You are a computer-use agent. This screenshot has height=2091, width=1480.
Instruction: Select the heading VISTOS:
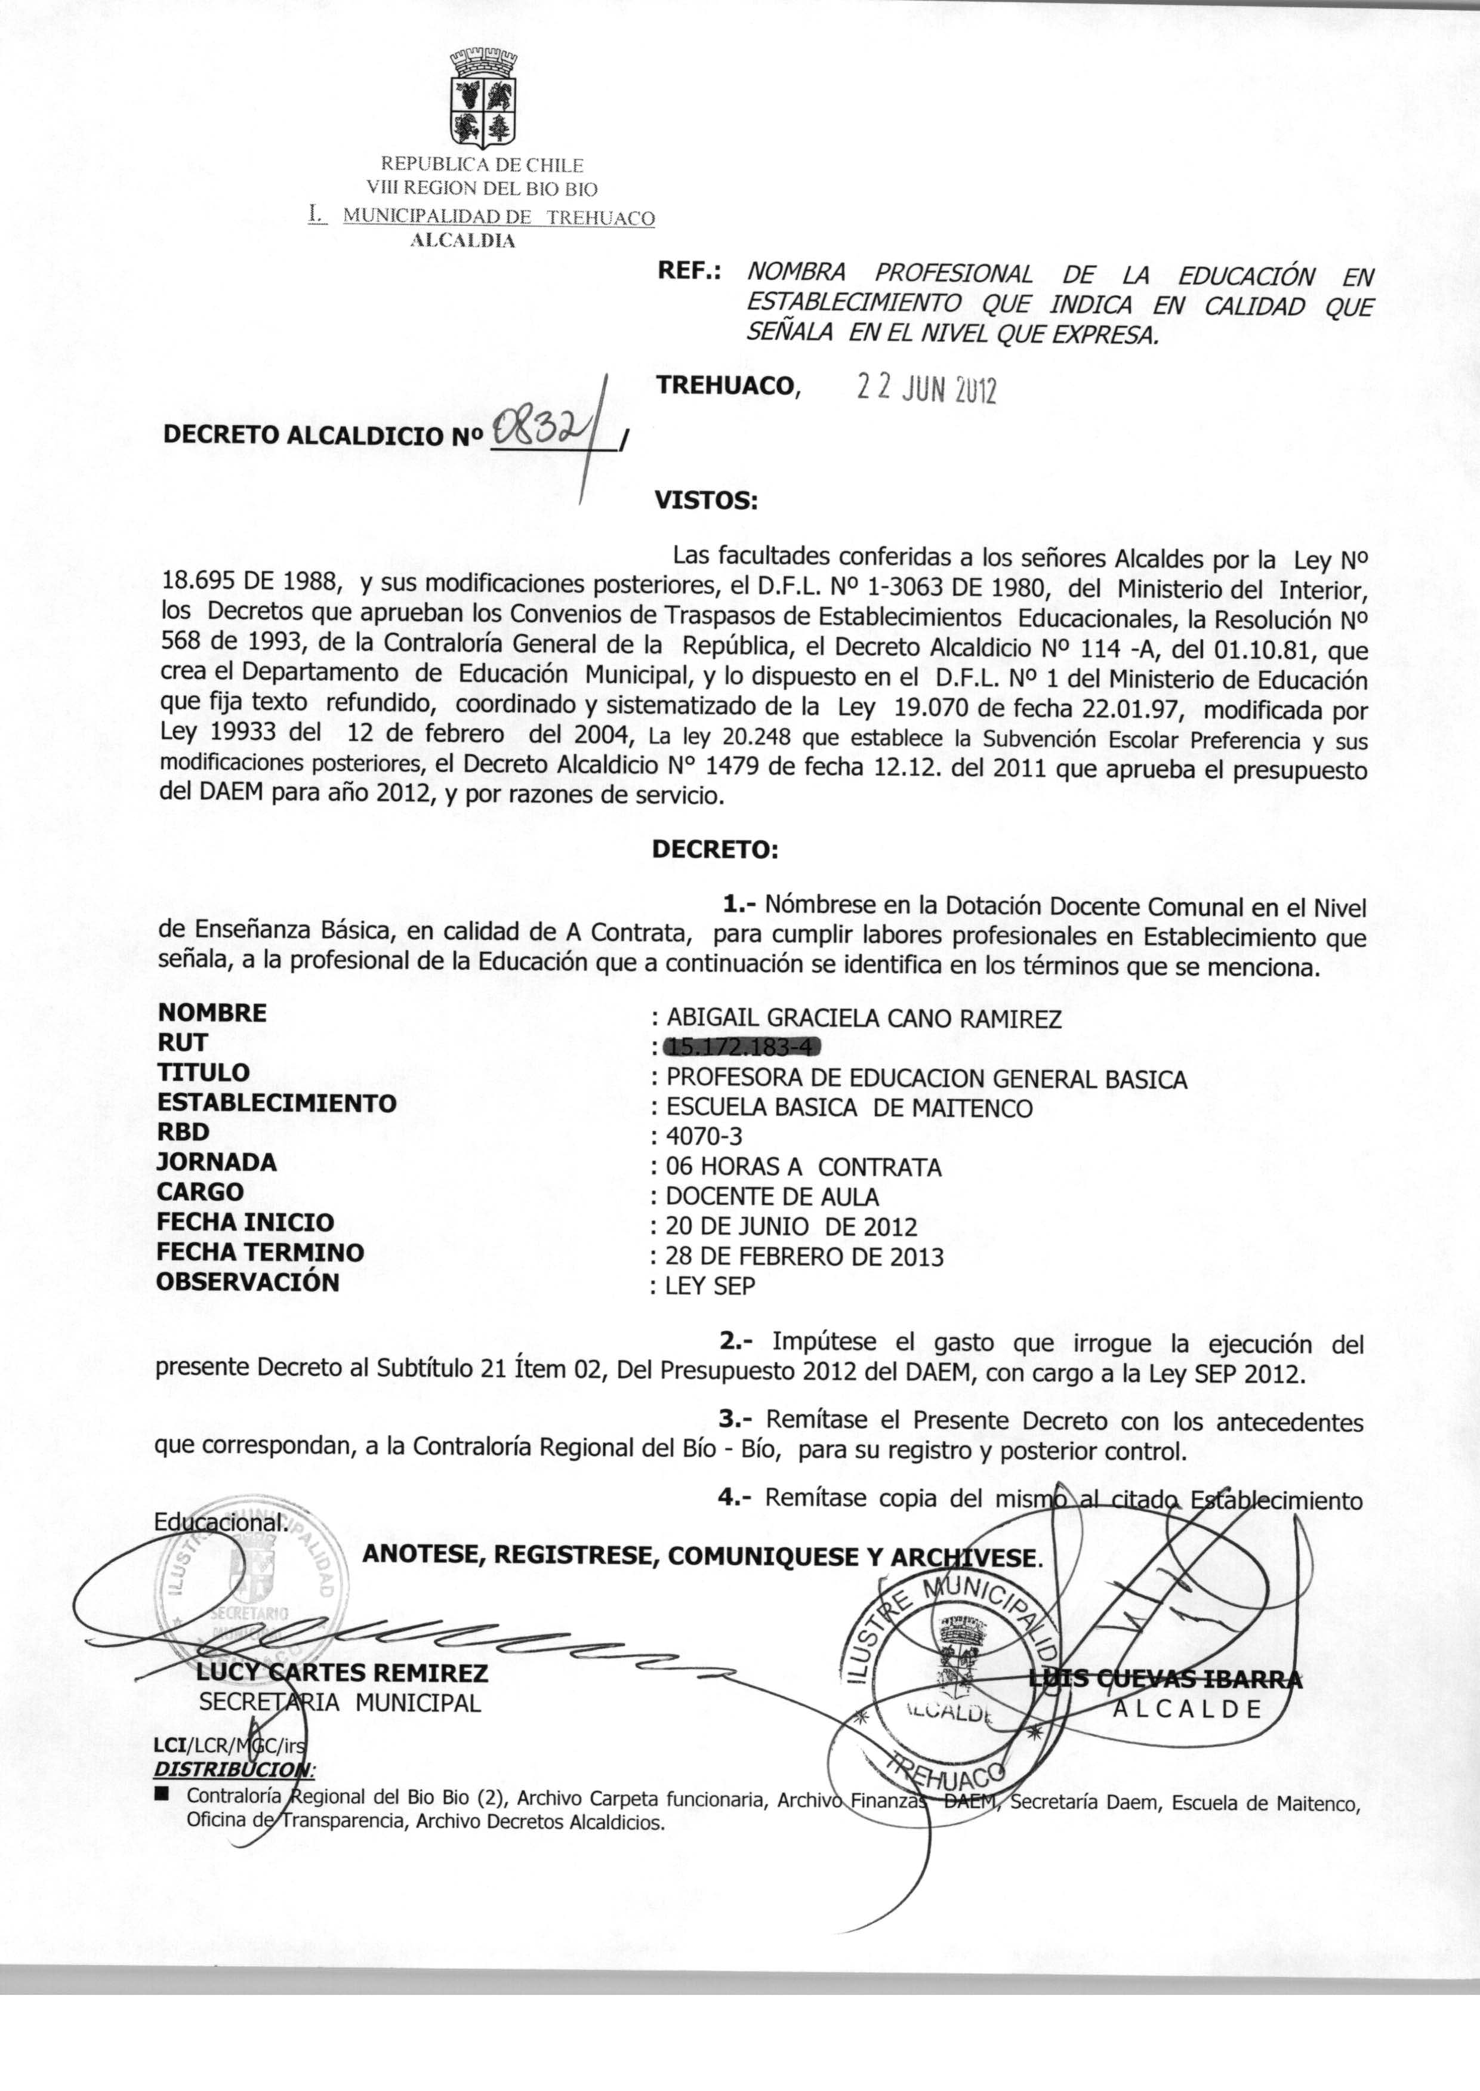(x=705, y=500)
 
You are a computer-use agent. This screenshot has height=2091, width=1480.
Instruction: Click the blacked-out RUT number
(x=743, y=1048)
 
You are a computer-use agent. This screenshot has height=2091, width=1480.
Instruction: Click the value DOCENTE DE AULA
(x=772, y=1196)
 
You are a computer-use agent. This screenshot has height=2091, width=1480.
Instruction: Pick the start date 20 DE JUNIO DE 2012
(x=790, y=1226)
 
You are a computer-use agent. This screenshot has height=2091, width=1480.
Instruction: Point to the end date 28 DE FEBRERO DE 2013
(x=804, y=1256)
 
